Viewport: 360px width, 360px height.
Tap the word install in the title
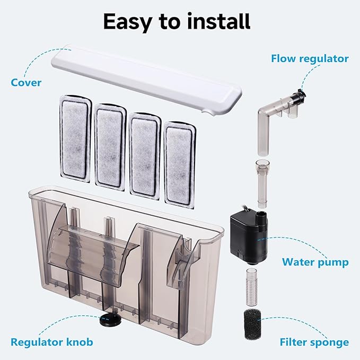point(218,22)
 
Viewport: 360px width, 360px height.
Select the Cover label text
point(25,83)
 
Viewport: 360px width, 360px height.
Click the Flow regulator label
point(310,58)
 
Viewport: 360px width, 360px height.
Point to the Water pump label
point(315,262)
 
